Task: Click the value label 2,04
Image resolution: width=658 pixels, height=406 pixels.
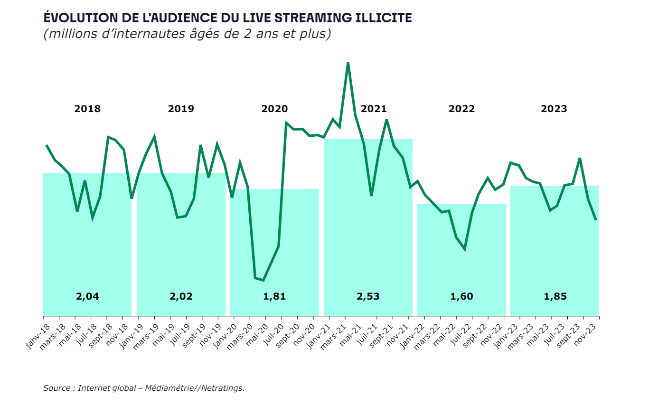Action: pos(87,297)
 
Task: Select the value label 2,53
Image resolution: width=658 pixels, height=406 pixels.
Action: pos(368,297)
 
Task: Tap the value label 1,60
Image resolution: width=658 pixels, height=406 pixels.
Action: pos(461,297)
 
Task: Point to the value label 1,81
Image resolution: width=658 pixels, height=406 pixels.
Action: pos(274,297)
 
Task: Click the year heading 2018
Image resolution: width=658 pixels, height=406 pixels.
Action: pos(87,109)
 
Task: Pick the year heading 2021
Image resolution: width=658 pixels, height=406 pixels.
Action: pos(374,109)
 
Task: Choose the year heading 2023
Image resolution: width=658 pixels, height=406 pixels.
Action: pos(554,109)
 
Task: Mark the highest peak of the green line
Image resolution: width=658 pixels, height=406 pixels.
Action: pos(348,63)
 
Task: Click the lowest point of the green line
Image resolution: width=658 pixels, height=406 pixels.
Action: pos(263,280)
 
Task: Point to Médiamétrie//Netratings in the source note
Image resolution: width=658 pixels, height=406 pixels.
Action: pos(195,388)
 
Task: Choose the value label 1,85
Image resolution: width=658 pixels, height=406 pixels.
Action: pos(555,297)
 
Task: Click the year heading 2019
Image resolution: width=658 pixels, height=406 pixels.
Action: pos(181,109)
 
